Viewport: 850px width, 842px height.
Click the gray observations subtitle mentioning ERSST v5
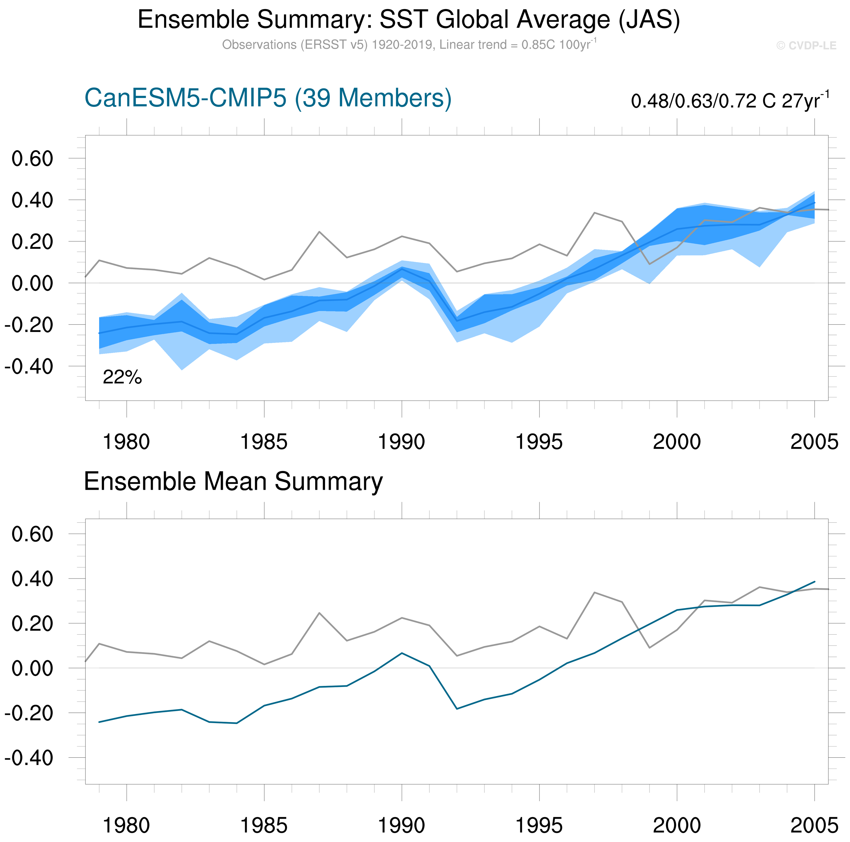tap(409, 45)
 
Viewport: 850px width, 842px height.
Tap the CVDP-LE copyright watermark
tap(806, 46)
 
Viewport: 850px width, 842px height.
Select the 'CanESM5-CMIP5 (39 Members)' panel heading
tap(268, 98)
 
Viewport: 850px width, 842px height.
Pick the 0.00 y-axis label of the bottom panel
tap(32, 668)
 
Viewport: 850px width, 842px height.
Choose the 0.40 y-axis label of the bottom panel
tap(32, 579)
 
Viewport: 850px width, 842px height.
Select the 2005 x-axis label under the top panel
tap(814, 442)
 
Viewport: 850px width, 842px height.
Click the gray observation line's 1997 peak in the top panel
tap(595, 213)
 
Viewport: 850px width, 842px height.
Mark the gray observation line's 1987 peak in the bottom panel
tap(319, 613)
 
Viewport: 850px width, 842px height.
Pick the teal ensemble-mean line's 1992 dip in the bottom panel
tap(457, 709)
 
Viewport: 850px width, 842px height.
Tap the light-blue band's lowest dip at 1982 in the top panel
tap(182, 369)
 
